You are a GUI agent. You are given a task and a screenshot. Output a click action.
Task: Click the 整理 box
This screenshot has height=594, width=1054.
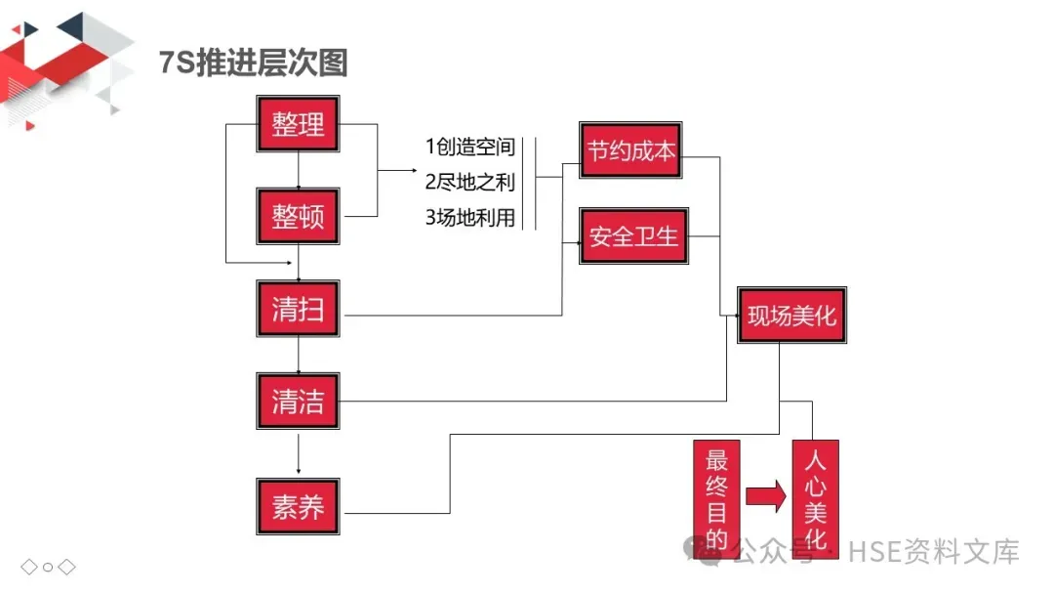[x=298, y=124]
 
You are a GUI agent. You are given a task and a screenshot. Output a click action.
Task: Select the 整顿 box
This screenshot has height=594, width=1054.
[x=298, y=217]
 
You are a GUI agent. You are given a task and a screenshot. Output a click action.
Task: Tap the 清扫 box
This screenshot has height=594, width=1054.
[x=298, y=310]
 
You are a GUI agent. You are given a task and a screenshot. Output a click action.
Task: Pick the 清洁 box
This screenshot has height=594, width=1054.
[x=298, y=401]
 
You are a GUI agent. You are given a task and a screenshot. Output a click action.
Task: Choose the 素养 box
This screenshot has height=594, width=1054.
[x=298, y=506]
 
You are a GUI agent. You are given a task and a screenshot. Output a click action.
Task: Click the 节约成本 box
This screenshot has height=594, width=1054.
[x=630, y=151]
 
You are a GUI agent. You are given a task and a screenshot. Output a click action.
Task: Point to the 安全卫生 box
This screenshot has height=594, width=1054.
[x=633, y=235]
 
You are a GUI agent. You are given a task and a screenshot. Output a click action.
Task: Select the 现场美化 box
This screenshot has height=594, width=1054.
[x=791, y=315]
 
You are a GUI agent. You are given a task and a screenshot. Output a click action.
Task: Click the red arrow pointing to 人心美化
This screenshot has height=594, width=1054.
[x=765, y=495]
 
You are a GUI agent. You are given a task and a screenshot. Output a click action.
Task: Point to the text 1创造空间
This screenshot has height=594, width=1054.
[x=469, y=148]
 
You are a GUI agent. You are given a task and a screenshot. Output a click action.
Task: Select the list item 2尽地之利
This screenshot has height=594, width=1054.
[x=469, y=183]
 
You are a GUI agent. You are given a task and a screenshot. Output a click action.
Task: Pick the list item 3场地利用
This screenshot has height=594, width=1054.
[x=469, y=218]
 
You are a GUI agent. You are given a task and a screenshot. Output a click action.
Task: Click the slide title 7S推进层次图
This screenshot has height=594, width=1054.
[x=253, y=64]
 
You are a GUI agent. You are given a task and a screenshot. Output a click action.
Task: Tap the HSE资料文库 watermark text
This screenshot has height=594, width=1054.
[x=933, y=551]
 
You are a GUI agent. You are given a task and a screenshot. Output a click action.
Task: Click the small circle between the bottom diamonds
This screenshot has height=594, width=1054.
[x=48, y=567]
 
